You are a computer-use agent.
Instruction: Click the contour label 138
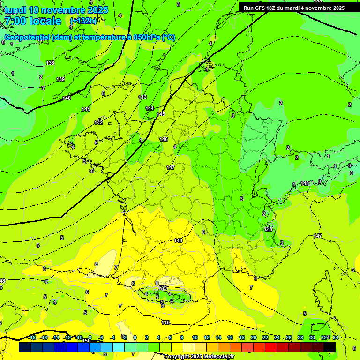coord(50,63)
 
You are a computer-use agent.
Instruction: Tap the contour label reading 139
coord(60,79)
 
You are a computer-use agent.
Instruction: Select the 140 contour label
coord(67,98)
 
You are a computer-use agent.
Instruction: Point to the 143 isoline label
coord(142,97)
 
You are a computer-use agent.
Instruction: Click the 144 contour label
coord(150,108)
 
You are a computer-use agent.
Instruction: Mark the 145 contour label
coord(161,114)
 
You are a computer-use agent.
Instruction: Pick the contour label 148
coord(178,240)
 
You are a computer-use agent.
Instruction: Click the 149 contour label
coord(165,322)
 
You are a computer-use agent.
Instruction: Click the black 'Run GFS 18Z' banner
coord(294,8)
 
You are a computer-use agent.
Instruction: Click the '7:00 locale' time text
coord(33,21)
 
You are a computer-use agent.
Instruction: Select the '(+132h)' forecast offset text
coord(83,21)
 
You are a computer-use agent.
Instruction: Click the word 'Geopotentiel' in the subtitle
coord(28,37)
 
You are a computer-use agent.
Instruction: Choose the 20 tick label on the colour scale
coord(253,337)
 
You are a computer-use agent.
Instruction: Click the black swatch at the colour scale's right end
coord(330,347)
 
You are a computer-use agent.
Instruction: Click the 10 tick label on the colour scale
coord(195,337)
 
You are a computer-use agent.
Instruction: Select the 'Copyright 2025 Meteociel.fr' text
coord(199,356)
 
